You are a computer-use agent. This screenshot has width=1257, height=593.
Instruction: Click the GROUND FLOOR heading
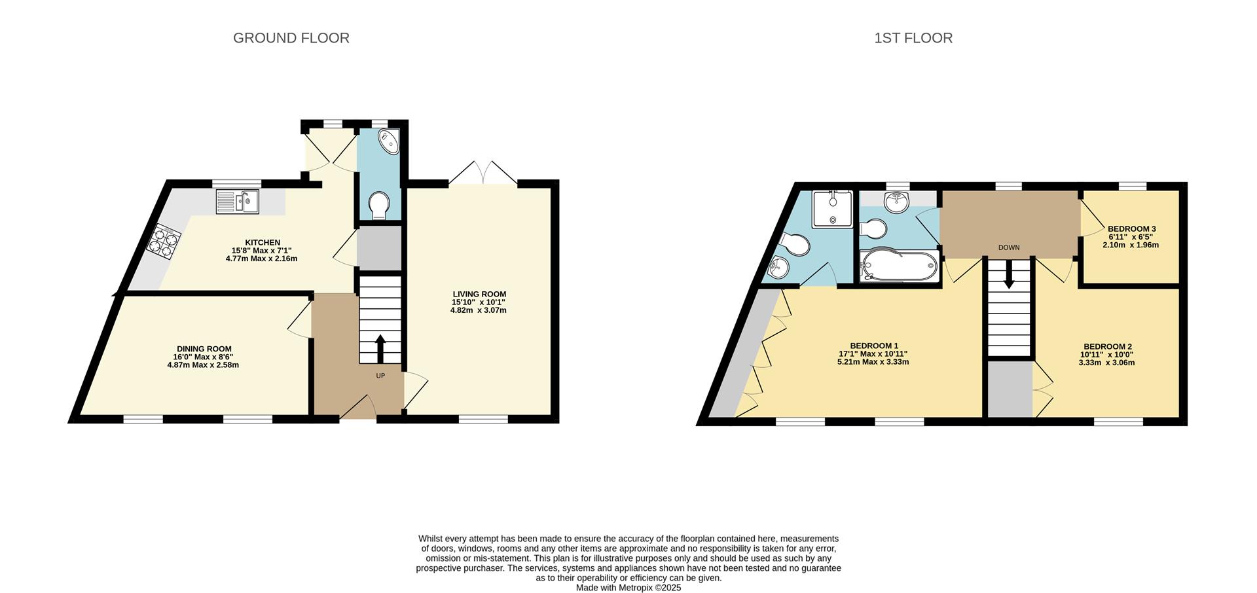point(291,38)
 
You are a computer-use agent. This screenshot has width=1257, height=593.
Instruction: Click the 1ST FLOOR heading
point(913,38)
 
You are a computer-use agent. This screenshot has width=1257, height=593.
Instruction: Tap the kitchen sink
point(238,202)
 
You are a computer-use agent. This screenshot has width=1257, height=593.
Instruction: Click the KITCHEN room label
point(263,243)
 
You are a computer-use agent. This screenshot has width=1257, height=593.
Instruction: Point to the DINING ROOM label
point(204,349)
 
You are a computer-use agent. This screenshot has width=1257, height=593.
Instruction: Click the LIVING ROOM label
point(479,295)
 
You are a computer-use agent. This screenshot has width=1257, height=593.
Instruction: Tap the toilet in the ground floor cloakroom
point(378,206)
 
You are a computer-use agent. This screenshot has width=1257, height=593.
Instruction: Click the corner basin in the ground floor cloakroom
point(390,141)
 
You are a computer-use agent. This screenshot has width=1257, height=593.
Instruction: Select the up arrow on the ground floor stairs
point(380,348)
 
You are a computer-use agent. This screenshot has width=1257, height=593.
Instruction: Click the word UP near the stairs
point(380,376)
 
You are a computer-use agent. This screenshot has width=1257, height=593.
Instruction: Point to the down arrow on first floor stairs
point(1009,276)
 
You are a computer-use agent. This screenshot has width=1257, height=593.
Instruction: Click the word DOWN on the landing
point(1009,247)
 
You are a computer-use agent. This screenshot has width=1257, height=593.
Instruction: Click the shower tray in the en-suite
point(832,209)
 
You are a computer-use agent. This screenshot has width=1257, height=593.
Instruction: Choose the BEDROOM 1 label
point(874,346)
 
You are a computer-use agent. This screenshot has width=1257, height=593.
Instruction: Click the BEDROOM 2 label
point(1108,347)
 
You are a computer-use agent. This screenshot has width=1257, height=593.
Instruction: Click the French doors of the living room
point(483,173)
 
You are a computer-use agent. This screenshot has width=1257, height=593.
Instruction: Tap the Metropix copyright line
point(628,588)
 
